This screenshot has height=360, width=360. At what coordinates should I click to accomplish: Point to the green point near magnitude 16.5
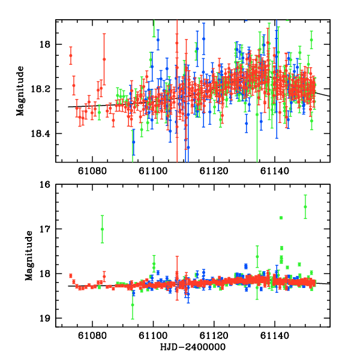pos(305,206)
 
